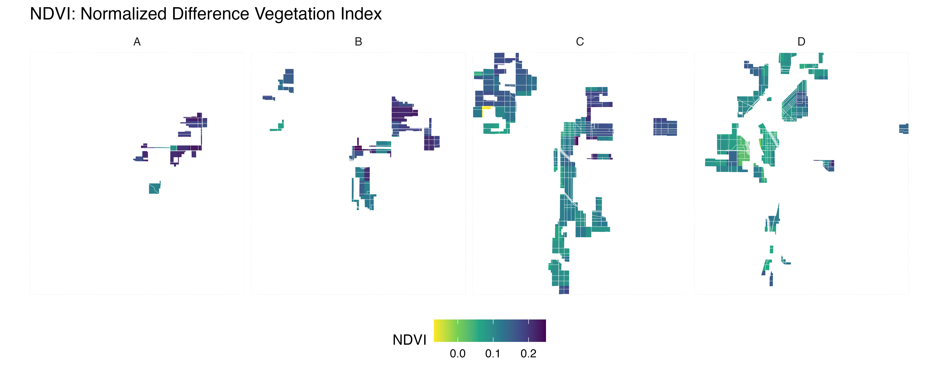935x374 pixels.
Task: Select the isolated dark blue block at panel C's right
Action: pyautogui.click(x=665, y=127)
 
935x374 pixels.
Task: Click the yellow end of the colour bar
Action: pyautogui.click(x=437, y=330)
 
